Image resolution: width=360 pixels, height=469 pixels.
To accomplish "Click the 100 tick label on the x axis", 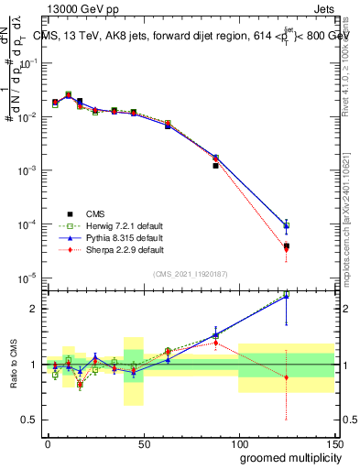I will [239, 443].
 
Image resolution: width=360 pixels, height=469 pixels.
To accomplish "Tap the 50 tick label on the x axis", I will [143, 443].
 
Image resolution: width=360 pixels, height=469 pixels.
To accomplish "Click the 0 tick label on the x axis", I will [48, 443].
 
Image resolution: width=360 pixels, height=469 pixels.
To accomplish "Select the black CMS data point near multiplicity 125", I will [287, 246].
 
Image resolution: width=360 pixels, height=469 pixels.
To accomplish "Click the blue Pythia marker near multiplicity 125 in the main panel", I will [287, 225].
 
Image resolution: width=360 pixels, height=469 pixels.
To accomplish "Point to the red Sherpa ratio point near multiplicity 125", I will [287, 377].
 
